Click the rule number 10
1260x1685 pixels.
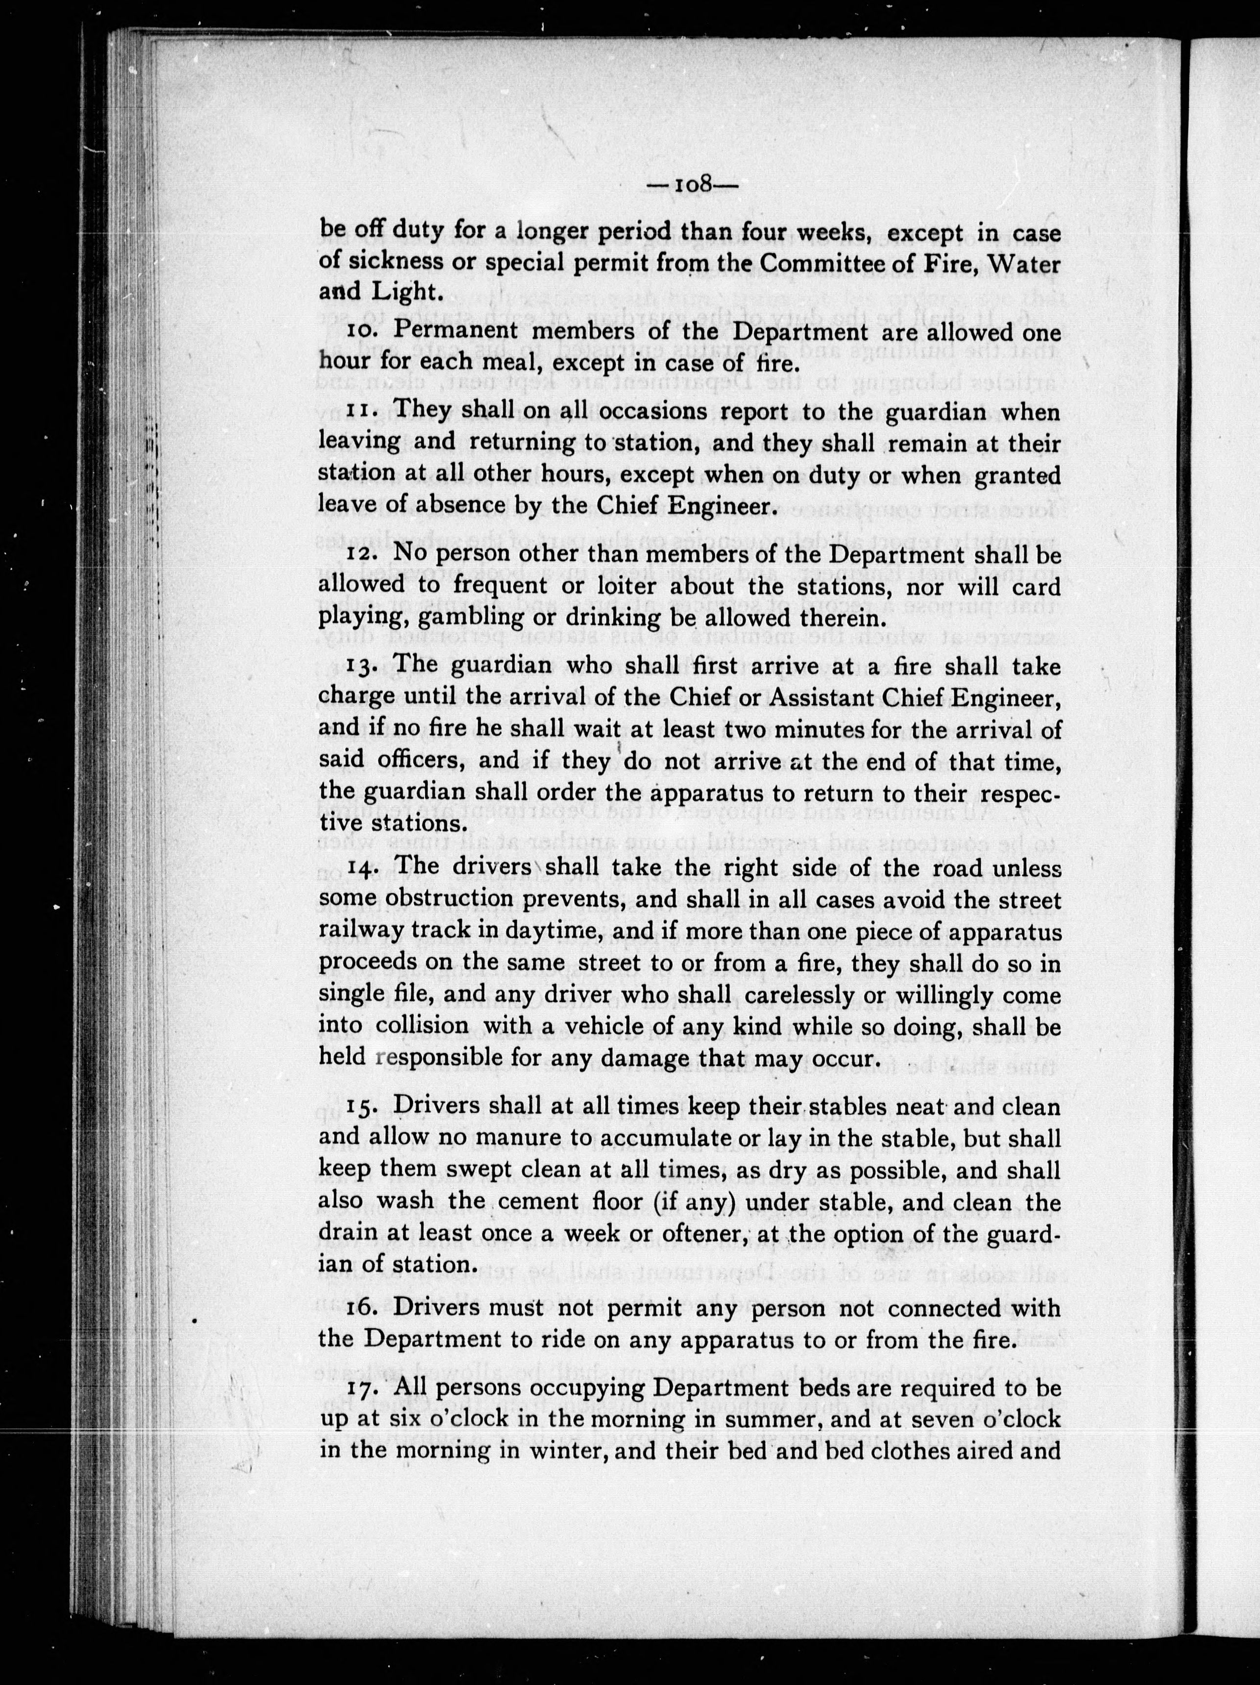(x=363, y=332)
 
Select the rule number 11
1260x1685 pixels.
(x=361, y=412)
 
